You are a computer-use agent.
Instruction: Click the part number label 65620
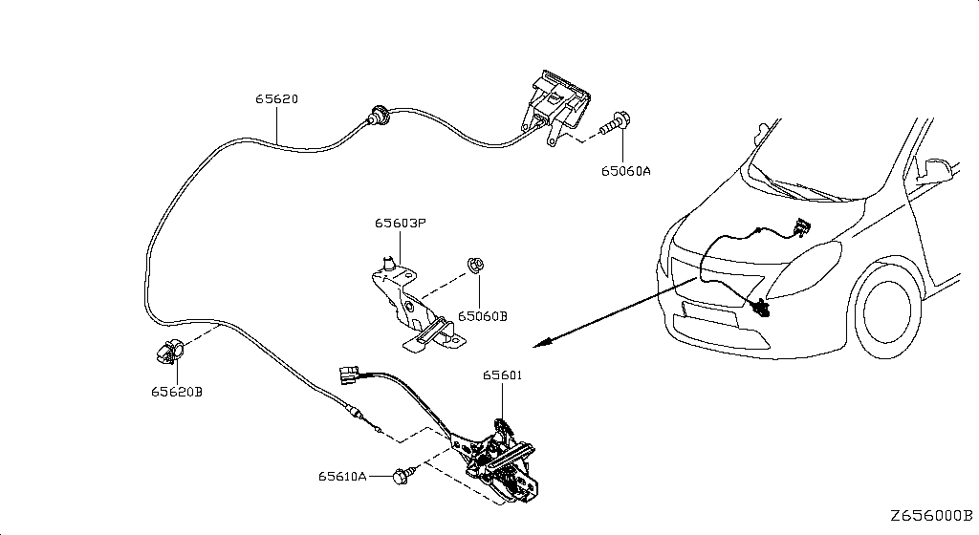276,98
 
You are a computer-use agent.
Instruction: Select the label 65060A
625,170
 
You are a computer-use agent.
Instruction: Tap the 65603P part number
401,223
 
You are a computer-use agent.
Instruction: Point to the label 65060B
483,316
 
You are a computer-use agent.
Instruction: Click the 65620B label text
177,392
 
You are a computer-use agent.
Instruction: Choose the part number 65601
503,374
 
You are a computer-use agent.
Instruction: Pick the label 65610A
343,476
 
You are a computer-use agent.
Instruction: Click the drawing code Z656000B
931,516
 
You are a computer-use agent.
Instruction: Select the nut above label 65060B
476,265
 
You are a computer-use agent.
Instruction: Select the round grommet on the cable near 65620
379,116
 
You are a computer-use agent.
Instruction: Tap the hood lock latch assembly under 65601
496,460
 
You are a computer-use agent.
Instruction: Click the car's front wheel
884,310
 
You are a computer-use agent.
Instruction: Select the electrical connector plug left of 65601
347,374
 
